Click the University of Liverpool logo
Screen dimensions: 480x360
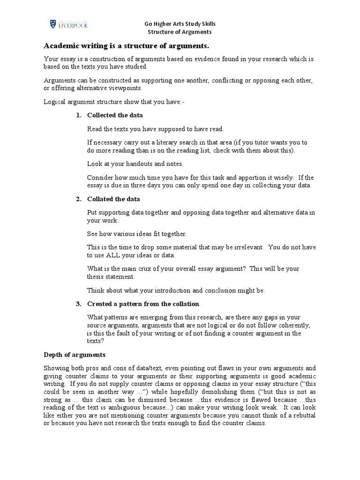tap(68, 24)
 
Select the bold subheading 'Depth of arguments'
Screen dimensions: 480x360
tap(75, 354)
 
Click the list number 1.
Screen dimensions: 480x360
tap(79, 115)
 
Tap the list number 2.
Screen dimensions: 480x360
tap(79, 199)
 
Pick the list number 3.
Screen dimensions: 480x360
tap(79, 304)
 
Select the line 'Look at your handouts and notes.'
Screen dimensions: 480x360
tap(135, 164)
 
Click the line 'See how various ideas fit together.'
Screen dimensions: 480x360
tap(137, 233)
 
